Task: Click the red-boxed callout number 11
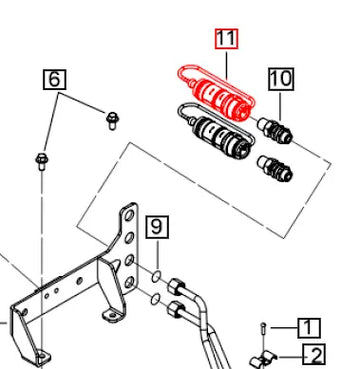226,39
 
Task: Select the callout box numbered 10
281,79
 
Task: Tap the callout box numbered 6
54,79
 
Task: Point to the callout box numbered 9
157,227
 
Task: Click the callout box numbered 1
309,328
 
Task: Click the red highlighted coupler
217,93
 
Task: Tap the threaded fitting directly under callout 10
275,129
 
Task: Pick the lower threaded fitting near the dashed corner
275,168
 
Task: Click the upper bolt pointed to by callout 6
113,120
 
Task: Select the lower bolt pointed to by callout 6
41,161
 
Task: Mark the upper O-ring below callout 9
156,276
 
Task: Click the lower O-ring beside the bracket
155,299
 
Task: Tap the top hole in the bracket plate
129,216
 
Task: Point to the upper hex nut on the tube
175,286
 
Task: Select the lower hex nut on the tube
175,309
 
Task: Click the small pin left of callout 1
264,328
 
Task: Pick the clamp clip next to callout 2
264,360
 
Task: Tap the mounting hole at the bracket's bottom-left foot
41,355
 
